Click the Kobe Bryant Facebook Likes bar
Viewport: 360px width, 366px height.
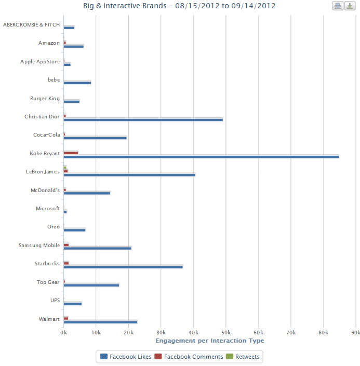(201, 156)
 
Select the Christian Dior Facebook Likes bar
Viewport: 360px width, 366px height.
(143, 119)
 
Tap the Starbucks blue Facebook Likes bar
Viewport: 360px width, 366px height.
(123, 267)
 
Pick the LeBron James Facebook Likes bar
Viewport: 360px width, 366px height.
(129, 174)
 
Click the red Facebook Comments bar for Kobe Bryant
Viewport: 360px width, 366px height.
(71, 153)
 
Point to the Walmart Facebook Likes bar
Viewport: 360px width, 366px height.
(100, 322)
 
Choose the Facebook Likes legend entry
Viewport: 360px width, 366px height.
(127, 357)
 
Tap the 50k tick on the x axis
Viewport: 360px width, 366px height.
(226, 333)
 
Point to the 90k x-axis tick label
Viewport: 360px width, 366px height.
(356, 333)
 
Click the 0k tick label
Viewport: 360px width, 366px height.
(63, 333)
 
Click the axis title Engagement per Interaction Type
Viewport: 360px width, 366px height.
(210, 341)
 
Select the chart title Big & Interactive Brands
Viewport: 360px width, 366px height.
(179, 6)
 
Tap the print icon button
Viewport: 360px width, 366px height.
(338, 6)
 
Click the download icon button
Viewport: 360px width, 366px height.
(351, 6)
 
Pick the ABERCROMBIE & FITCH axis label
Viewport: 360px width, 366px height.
(31, 25)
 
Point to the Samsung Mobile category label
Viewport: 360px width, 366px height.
(39, 246)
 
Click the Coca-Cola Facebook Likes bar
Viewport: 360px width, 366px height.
(95, 138)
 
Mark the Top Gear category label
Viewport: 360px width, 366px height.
(48, 282)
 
